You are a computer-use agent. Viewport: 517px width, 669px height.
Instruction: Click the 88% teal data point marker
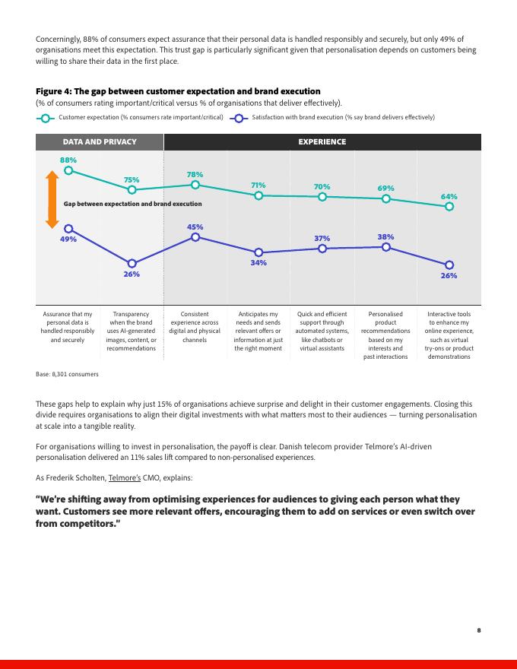[68, 170]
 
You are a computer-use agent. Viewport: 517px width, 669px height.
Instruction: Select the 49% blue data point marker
[68, 228]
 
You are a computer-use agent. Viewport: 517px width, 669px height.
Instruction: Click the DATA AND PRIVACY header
[100, 142]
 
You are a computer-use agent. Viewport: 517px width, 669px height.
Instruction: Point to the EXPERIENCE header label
[322, 142]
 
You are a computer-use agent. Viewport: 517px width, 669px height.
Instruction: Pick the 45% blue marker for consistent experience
[195, 236]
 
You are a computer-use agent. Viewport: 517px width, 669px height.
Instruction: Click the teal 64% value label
[449, 196]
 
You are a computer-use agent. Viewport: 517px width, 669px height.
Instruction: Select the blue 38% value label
[385, 236]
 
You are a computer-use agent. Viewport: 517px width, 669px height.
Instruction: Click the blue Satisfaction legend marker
[239, 118]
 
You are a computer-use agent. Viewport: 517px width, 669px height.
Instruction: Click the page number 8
[479, 629]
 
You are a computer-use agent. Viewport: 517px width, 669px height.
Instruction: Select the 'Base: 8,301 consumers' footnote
[67, 374]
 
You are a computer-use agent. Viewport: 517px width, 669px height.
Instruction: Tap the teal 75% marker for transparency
[132, 189]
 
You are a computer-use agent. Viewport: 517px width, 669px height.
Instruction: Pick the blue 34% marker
[258, 252]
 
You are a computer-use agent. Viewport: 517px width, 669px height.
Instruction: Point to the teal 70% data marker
[322, 196]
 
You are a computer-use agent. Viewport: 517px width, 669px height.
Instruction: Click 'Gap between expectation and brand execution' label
[133, 204]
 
